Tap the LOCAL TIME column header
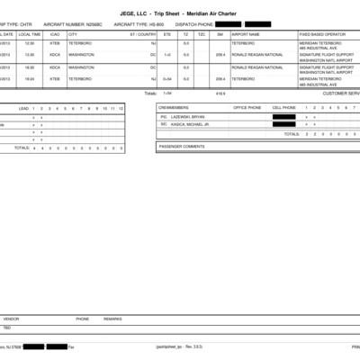click(30, 33)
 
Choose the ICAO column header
click(54, 33)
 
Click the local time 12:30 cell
click(30, 42)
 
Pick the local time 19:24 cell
click(30, 78)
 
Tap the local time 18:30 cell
click(30, 67)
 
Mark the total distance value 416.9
click(220, 93)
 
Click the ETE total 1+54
click(166, 93)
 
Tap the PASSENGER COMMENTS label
click(182, 146)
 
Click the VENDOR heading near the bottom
click(11, 319)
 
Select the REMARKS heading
click(112, 319)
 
